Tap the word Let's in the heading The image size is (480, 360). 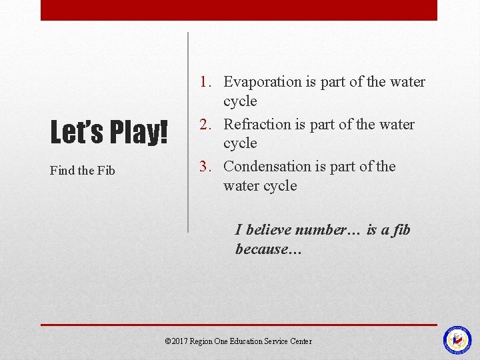point(77,132)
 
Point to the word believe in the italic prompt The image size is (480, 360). point(269,230)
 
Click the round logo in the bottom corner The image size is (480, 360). point(457,340)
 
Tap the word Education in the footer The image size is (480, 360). point(247,341)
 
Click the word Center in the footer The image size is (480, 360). point(301,341)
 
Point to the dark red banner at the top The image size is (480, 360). point(239,10)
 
